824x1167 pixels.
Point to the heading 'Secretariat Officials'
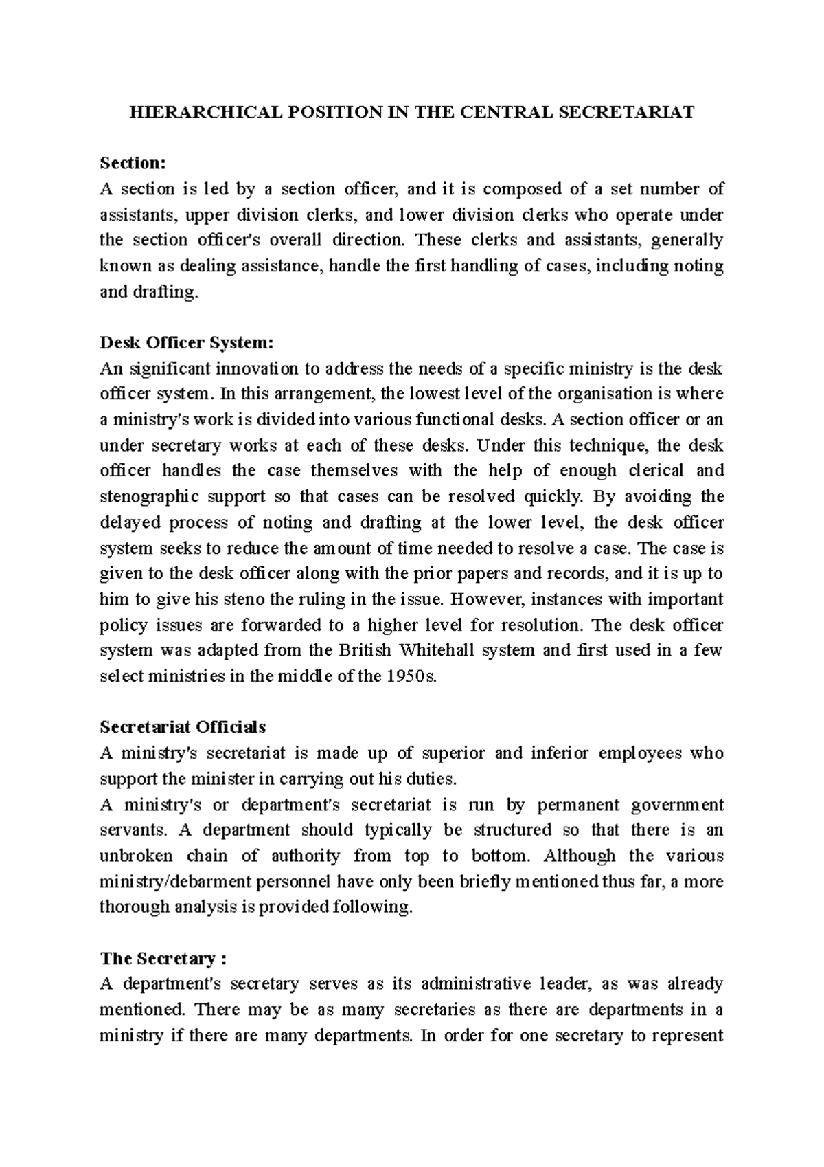pos(183,727)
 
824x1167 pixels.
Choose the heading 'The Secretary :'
pos(163,958)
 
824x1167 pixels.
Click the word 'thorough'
pos(133,907)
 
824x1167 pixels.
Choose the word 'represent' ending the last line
pos(688,1036)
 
